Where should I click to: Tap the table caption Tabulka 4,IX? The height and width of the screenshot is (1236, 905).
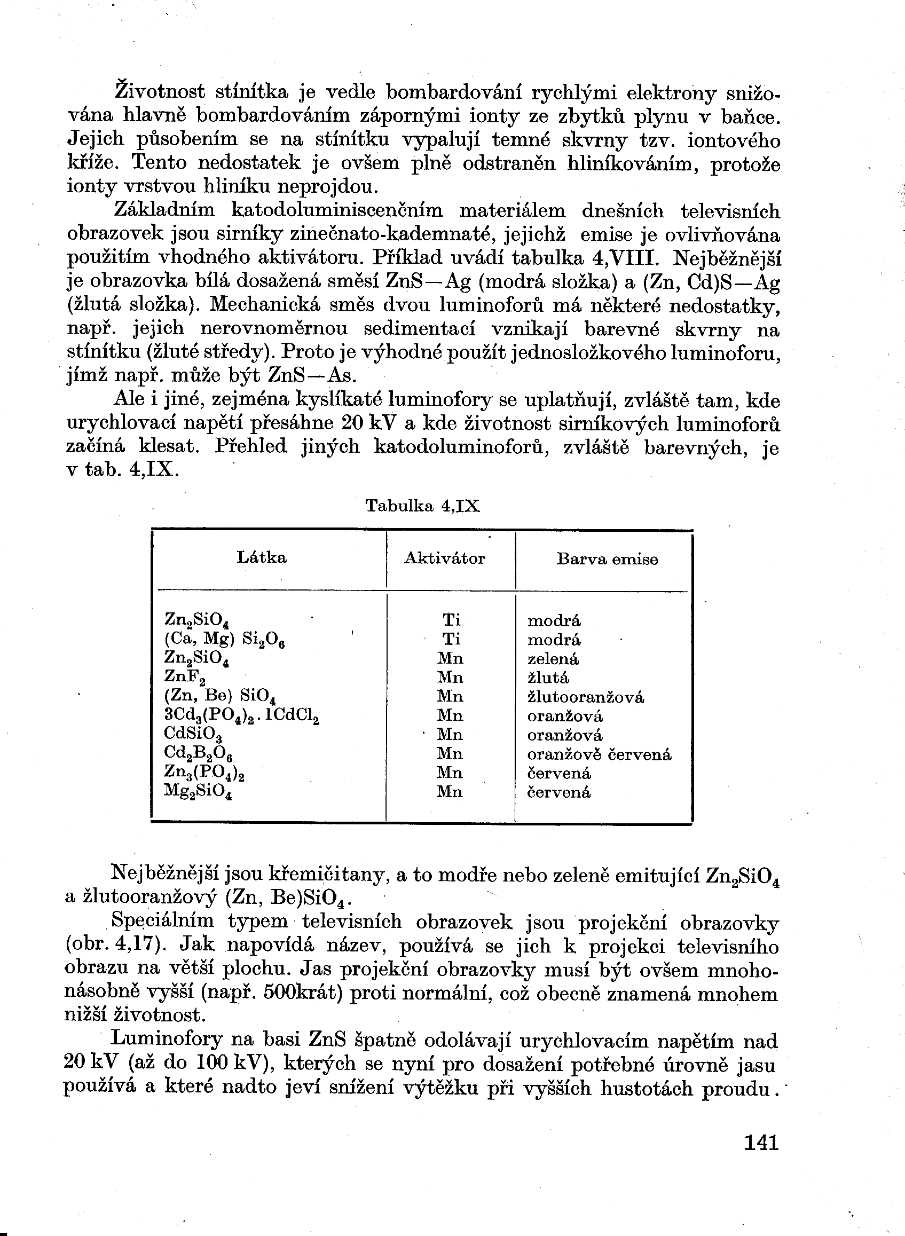click(x=422, y=506)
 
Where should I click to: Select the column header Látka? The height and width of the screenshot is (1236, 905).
click(x=261, y=558)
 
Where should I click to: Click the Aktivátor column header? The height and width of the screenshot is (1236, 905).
click(x=444, y=558)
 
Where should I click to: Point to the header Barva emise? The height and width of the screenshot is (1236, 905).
click(x=607, y=560)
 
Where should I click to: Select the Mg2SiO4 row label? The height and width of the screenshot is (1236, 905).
click(x=198, y=792)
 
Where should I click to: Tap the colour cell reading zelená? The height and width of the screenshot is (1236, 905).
click(x=553, y=659)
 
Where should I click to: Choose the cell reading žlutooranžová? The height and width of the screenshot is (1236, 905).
click(x=586, y=697)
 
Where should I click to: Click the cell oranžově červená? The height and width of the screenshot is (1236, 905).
click(x=599, y=754)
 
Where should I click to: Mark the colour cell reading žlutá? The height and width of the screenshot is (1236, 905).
click(x=548, y=678)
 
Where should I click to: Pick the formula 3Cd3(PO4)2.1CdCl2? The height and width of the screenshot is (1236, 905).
click(x=241, y=717)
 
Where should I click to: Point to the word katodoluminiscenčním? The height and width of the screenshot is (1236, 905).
click(x=337, y=211)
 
